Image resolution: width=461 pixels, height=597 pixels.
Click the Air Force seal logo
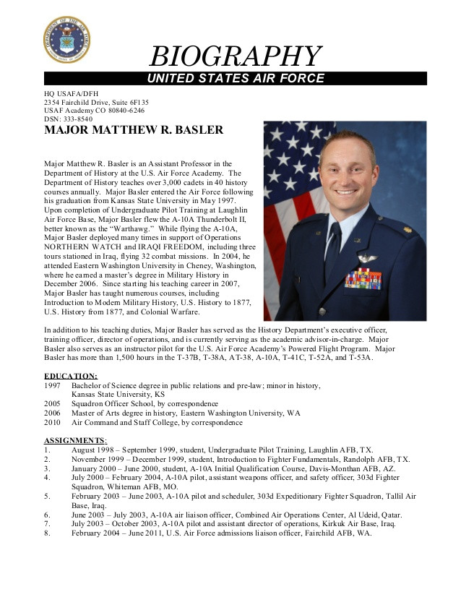point(67,40)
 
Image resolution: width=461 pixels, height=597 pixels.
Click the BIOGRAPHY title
point(235,56)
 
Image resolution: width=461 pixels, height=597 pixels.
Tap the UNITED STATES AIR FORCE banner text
point(236,78)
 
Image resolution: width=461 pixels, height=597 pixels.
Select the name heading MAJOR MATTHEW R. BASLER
point(134,131)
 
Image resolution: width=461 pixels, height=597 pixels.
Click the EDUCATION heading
point(71,376)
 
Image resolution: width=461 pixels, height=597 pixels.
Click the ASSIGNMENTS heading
point(75,440)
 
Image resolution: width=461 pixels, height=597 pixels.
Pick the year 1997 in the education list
point(53,386)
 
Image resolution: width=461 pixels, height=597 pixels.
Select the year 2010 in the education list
point(53,422)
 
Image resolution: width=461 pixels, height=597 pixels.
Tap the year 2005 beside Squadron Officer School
point(53,404)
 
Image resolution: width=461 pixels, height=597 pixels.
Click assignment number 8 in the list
point(48,533)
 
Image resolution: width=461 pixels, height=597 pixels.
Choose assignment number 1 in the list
point(48,450)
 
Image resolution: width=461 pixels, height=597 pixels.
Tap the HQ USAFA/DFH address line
point(72,94)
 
